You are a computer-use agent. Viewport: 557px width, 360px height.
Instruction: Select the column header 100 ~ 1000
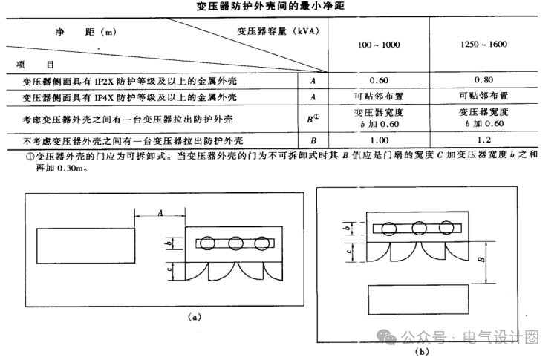tap(379, 45)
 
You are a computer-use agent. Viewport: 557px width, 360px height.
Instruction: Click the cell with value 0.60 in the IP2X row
tap(380, 79)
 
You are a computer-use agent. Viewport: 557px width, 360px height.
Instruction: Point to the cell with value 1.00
tap(380, 139)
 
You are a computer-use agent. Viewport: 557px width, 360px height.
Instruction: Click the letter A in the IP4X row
tap(313, 96)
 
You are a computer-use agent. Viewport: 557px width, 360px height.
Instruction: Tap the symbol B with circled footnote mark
tap(314, 117)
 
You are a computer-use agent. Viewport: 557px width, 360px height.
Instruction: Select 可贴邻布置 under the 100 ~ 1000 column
tap(380, 96)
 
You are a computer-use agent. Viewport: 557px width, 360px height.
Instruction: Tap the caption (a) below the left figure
tap(195, 316)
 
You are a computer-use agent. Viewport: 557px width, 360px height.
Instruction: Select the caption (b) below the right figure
tap(423, 350)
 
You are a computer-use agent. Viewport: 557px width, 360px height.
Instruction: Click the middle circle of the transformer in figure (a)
tap(236, 243)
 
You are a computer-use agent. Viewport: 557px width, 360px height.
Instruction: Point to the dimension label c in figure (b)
tap(349, 250)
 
